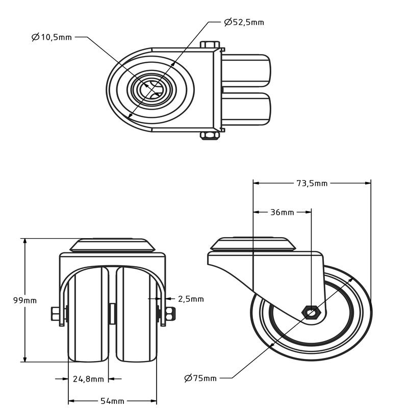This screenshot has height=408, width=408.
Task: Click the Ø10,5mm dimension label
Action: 52,37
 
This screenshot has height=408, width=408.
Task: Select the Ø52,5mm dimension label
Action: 244,22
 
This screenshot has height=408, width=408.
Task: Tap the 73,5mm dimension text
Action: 311,183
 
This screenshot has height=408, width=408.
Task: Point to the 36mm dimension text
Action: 282,212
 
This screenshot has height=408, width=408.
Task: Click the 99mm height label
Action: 24,300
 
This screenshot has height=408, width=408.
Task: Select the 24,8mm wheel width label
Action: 88,379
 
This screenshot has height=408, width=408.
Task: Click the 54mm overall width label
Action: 112,401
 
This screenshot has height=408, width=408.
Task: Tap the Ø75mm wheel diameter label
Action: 200,378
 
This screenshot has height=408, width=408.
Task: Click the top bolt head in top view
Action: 210,45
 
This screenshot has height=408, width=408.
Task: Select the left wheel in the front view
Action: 88,316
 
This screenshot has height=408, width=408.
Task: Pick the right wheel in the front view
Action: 136,316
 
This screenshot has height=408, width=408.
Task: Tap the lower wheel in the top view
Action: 246,108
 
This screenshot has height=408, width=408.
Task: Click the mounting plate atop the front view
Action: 112,245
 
